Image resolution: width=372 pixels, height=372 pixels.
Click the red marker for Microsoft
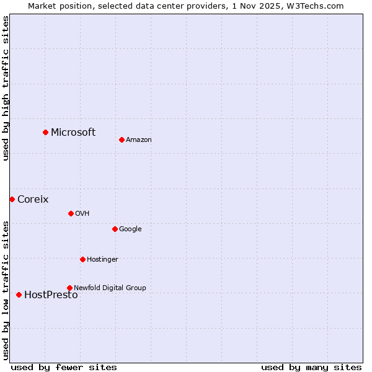click(45, 132)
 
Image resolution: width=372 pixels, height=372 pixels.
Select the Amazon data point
click(122, 139)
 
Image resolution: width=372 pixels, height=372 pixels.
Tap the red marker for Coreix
click(12, 199)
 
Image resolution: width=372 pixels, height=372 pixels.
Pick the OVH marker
click(71, 213)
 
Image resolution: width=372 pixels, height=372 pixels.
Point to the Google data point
click(115, 229)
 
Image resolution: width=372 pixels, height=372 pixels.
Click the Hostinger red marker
click(82, 259)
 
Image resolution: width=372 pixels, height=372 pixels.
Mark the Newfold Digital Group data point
click(69, 288)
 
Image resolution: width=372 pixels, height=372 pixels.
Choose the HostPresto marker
click(19, 294)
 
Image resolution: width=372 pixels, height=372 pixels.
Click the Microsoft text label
click(73, 132)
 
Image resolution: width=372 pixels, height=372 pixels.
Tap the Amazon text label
click(139, 139)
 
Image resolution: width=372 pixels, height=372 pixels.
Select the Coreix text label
click(33, 199)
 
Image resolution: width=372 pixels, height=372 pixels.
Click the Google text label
click(130, 229)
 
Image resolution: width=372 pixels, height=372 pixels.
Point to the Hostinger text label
click(102, 259)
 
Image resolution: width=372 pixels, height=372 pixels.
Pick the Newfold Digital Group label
click(110, 288)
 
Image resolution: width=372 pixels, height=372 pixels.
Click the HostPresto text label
click(51, 295)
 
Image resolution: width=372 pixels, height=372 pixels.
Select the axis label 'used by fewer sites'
click(64, 367)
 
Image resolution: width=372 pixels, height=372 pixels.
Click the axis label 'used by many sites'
click(311, 367)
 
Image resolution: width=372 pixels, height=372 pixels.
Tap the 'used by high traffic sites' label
click(6, 88)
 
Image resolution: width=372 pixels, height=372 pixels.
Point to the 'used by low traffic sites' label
click(6, 290)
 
